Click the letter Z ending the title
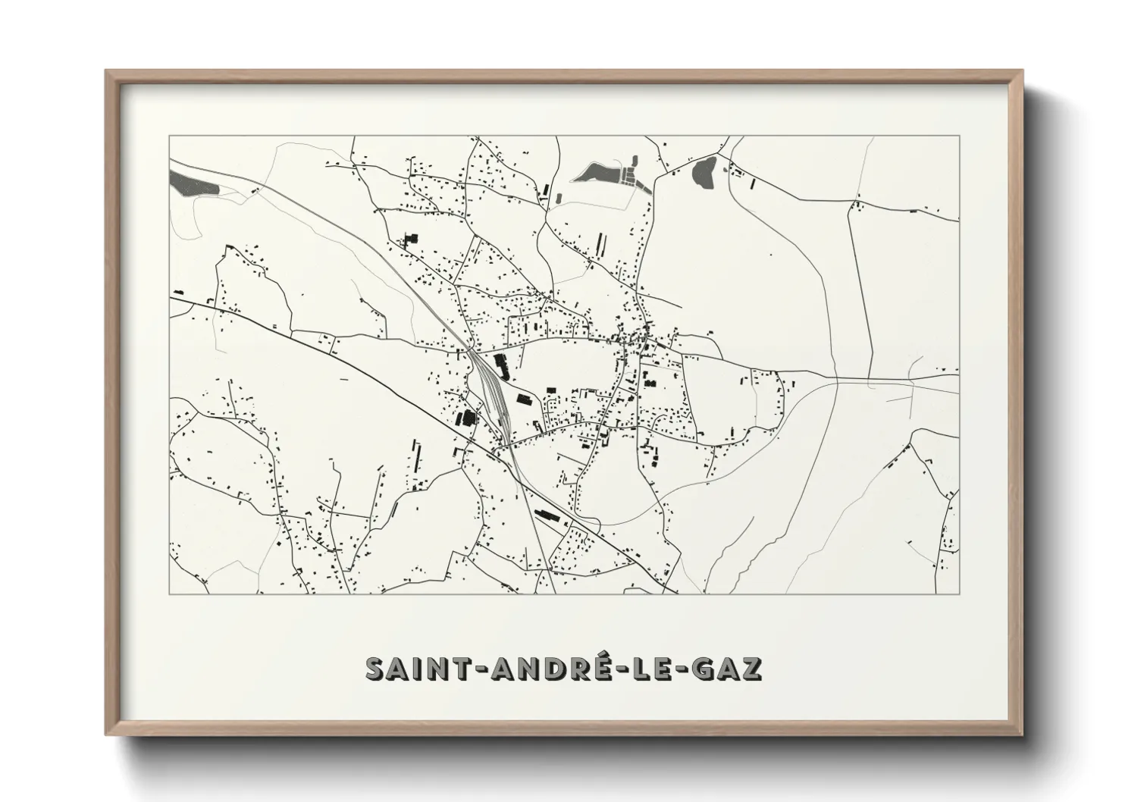751,668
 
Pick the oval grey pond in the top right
704,172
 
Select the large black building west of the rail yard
465,417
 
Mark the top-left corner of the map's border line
169,136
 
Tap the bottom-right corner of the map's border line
960,594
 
